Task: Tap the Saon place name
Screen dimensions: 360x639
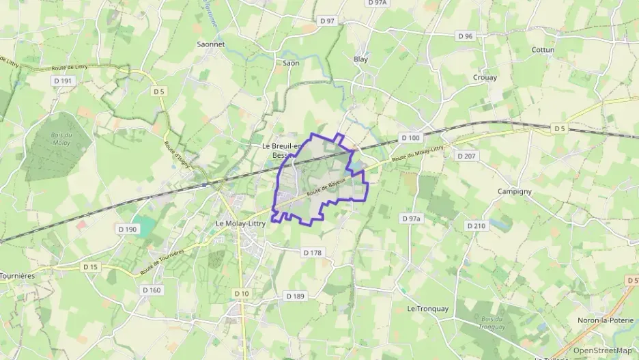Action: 291,63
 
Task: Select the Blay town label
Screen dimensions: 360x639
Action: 360,59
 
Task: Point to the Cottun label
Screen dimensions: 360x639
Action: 543,50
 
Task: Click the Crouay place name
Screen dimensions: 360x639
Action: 485,77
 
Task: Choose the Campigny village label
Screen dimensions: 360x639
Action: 514,191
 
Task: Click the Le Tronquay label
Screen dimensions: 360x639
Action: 428,309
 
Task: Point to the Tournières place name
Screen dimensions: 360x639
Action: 16,276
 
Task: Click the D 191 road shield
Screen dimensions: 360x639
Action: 62,81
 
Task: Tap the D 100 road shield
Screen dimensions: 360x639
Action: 410,138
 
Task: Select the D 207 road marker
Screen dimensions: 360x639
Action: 466,156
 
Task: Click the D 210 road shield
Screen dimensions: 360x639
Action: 476,225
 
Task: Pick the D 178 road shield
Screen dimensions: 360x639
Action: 311,253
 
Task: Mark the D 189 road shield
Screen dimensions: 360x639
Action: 295,296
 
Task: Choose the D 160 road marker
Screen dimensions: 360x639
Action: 152,290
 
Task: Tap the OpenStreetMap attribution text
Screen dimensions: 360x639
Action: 603,351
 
